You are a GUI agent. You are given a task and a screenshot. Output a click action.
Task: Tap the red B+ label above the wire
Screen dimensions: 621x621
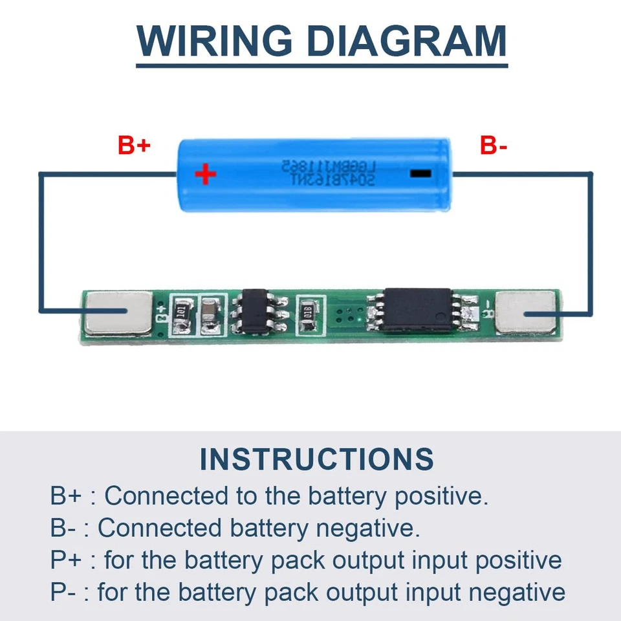(134, 146)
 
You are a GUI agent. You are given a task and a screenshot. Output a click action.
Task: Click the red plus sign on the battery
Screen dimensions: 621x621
(206, 173)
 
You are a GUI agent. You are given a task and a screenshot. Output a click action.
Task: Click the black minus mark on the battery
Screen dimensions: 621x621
(420, 173)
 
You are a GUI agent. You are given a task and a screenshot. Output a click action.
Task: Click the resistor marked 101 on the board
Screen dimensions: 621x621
(183, 312)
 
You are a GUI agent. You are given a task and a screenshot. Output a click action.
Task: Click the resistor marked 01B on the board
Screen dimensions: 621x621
(308, 312)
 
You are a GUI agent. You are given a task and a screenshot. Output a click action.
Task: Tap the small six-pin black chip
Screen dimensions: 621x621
(259, 312)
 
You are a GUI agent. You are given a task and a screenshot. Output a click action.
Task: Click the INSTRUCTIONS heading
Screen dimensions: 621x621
(316, 459)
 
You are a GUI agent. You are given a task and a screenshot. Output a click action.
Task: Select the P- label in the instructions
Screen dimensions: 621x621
(63, 592)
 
